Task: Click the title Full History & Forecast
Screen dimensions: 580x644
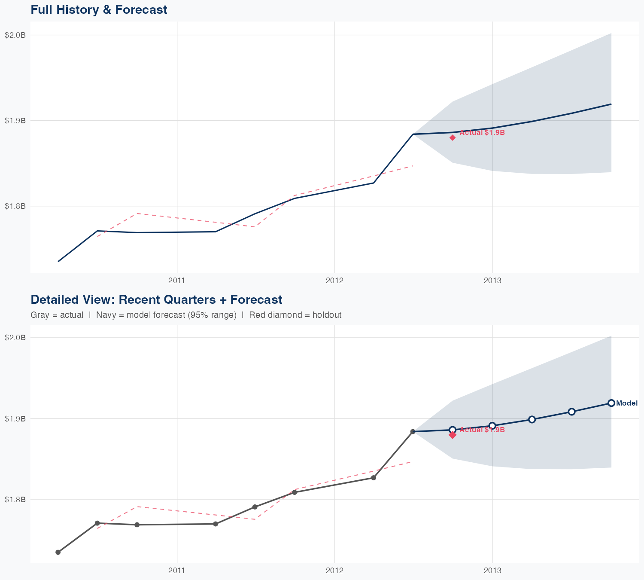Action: [99, 9]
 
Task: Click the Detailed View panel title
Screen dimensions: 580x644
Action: [156, 299]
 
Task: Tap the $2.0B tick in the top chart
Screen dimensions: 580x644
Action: [15, 35]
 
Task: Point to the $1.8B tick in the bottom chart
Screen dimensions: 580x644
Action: [15, 500]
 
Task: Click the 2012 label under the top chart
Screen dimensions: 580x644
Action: [334, 281]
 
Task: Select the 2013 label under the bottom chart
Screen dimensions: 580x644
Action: [492, 571]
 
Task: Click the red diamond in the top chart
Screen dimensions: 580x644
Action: [453, 137]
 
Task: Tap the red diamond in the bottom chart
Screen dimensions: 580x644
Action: [453, 435]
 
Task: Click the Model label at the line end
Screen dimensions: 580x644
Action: [626, 403]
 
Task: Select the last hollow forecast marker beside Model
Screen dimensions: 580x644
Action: [611, 403]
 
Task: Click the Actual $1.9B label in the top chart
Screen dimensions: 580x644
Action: [482, 133]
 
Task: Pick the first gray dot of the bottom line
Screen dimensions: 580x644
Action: [58, 552]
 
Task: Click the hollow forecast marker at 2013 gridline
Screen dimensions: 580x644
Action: [492, 426]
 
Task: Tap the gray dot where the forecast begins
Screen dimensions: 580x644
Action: [413, 431]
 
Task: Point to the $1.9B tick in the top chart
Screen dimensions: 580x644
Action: [15, 121]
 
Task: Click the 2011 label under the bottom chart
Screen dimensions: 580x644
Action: [176, 571]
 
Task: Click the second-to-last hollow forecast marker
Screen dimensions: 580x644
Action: [571, 412]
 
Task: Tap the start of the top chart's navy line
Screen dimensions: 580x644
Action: [58, 261]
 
